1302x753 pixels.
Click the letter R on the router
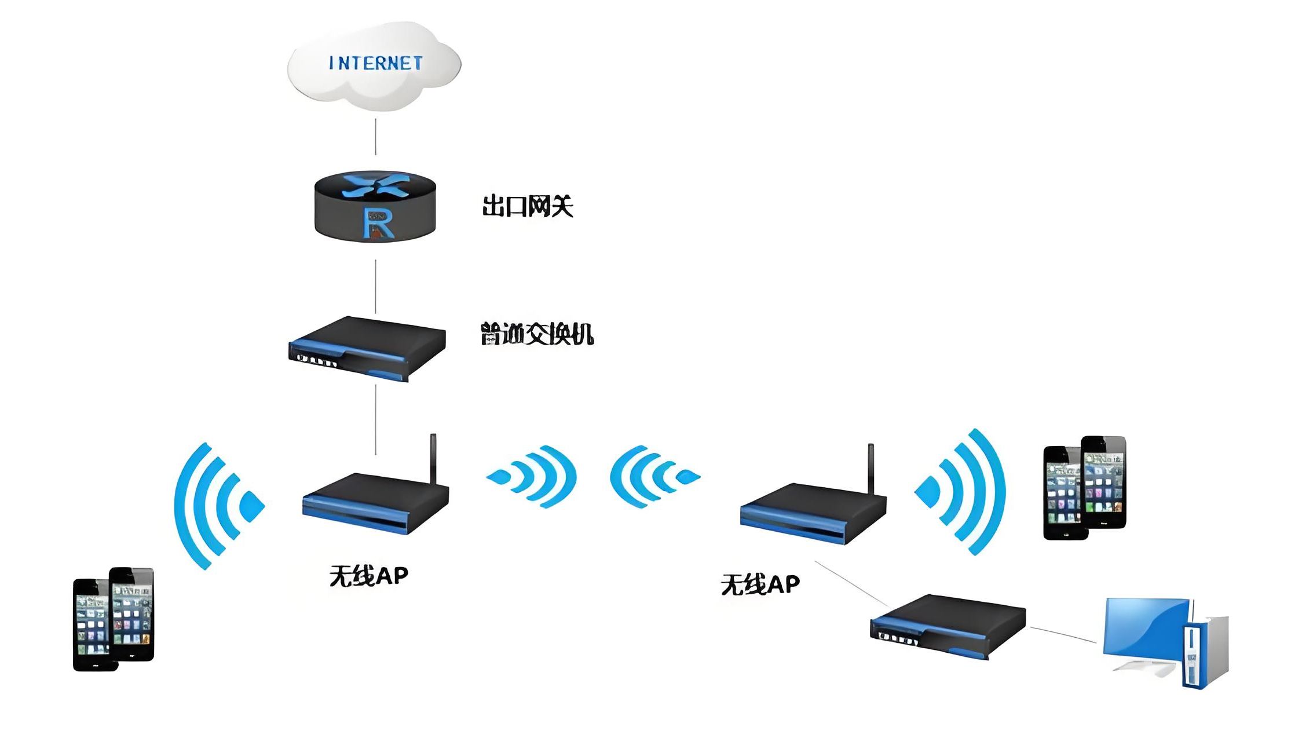click(x=378, y=224)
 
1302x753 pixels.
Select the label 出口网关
click(x=528, y=206)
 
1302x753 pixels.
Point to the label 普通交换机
click(x=537, y=334)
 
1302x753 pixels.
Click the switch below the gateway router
click(x=367, y=348)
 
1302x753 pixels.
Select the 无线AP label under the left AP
click(x=369, y=576)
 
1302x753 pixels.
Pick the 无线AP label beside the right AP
click(x=760, y=584)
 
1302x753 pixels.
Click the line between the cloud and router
click(x=375, y=137)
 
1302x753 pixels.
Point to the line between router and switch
click(x=375, y=286)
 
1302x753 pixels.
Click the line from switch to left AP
click(x=375, y=419)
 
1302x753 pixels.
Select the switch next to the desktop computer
click(x=948, y=626)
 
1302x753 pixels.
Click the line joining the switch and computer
click(x=1063, y=635)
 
